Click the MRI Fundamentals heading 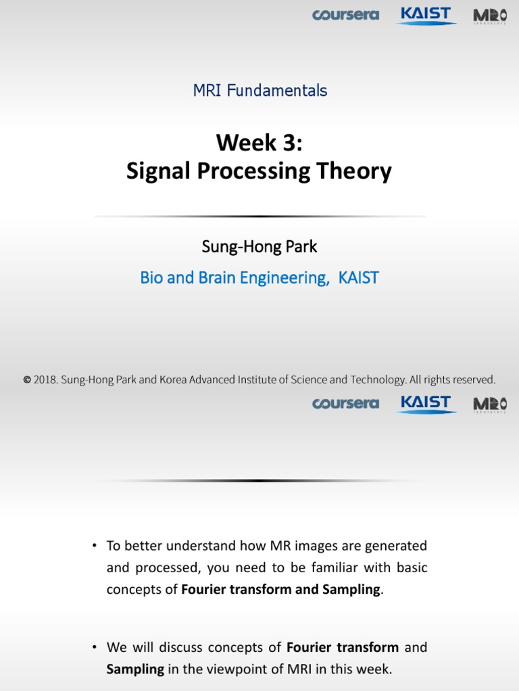pyautogui.click(x=260, y=90)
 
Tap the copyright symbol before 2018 pyautogui.click(x=27, y=380)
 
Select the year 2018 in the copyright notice pyautogui.click(x=45, y=380)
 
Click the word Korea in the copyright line pyautogui.click(x=174, y=380)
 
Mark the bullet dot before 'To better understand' pyautogui.click(x=95, y=545)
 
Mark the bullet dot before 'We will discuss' pyautogui.click(x=95, y=647)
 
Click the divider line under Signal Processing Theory pyautogui.click(x=259, y=216)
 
